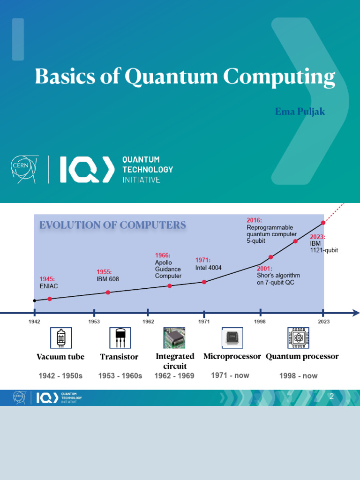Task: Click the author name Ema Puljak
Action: tap(300, 112)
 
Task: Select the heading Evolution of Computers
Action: tap(112, 225)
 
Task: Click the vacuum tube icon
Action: tap(60, 338)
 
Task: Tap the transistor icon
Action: tap(120, 338)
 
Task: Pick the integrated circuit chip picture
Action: tap(174, 338)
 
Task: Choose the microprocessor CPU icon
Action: tap(232, 338)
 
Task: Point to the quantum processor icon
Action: tap(298, 338)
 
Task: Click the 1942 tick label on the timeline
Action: tap(34, 322)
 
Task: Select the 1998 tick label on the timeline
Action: tap(260, 322)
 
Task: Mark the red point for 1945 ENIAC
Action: tap(50, 299)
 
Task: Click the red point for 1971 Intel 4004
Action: tap(204, 282)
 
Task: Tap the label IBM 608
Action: tap(108, 279)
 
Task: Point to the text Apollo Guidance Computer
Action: tap(168, 270)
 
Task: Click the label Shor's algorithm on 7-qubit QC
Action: tap(278, 279)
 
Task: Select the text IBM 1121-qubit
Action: tap(324, 247)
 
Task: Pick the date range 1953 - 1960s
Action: tap(120, 376)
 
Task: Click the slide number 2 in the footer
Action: tap(331, 397)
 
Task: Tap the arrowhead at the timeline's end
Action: tap(356, 313)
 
